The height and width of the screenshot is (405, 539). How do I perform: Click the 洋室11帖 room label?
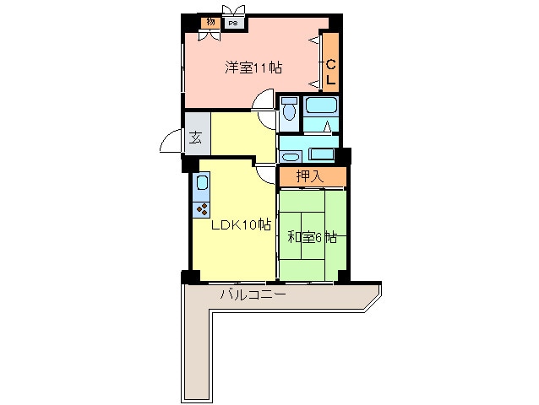point(253,67)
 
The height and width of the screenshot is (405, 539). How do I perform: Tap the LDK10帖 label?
point(241,224)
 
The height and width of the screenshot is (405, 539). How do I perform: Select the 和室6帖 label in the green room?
point(312,237)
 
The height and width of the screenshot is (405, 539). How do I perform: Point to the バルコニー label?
point(253,294)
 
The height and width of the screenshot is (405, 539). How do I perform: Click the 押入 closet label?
point(310,176)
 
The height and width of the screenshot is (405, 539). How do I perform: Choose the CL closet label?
point(330,72)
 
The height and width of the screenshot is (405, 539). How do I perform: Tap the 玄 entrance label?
point(196,138)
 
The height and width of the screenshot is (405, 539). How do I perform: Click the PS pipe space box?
point(233,24)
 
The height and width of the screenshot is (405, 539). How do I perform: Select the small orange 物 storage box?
point(210,22)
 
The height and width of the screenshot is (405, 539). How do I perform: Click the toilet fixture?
point(290,108)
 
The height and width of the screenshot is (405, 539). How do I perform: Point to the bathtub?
point(321,105)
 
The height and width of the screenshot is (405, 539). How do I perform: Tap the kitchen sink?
point(201,183)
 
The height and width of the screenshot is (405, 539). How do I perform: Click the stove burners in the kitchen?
point(201,209)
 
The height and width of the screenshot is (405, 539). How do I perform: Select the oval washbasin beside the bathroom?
point(291,157)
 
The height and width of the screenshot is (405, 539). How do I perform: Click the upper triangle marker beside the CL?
point(313,40)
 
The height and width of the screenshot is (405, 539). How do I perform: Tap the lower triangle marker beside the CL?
point(313,84)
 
